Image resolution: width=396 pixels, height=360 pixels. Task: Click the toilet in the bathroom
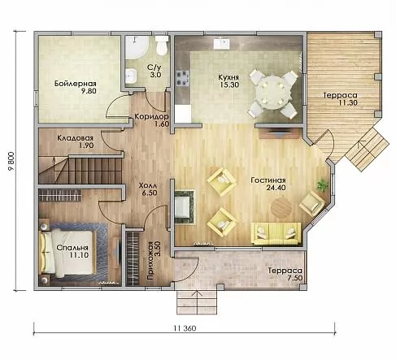point(162,46)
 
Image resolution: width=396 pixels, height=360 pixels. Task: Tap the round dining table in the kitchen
point(274,93)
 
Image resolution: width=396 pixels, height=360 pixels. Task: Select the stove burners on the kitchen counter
point(182,78)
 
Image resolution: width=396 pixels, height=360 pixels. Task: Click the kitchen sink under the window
point(222,43)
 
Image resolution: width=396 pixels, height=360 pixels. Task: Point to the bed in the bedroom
point(68,253)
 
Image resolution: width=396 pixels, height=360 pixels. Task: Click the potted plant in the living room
point(323,185)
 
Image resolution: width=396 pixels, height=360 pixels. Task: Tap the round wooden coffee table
point(281,206)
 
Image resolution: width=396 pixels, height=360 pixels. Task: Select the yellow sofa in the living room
point(276,233)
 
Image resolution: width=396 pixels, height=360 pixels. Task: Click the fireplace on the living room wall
point(185,206)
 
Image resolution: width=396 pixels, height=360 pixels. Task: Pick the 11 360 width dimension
point(185,328)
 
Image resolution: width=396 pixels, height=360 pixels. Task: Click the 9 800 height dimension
point(12,162)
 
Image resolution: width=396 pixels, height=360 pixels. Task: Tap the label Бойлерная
point(76,83)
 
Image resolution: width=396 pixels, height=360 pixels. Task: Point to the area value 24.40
point(276,188)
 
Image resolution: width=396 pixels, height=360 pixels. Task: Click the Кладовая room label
point(75,138)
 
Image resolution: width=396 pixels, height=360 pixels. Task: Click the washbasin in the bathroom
point(131,76)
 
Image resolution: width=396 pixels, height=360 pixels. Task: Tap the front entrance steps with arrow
point(197,302)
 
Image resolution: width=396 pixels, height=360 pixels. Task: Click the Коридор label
point(152,117)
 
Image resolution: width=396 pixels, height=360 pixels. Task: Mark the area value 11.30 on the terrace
point(348,102)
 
